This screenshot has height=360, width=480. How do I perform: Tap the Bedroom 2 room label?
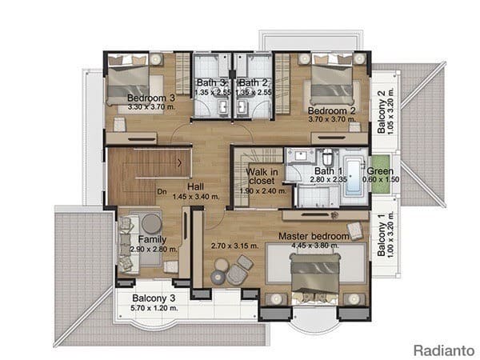(331, 110)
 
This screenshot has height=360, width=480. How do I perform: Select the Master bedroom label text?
(314, 237)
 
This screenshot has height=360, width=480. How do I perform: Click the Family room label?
(152, 239)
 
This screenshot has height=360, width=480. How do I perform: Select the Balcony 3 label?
(154, 298)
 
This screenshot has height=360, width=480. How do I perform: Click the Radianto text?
(442, 350)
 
